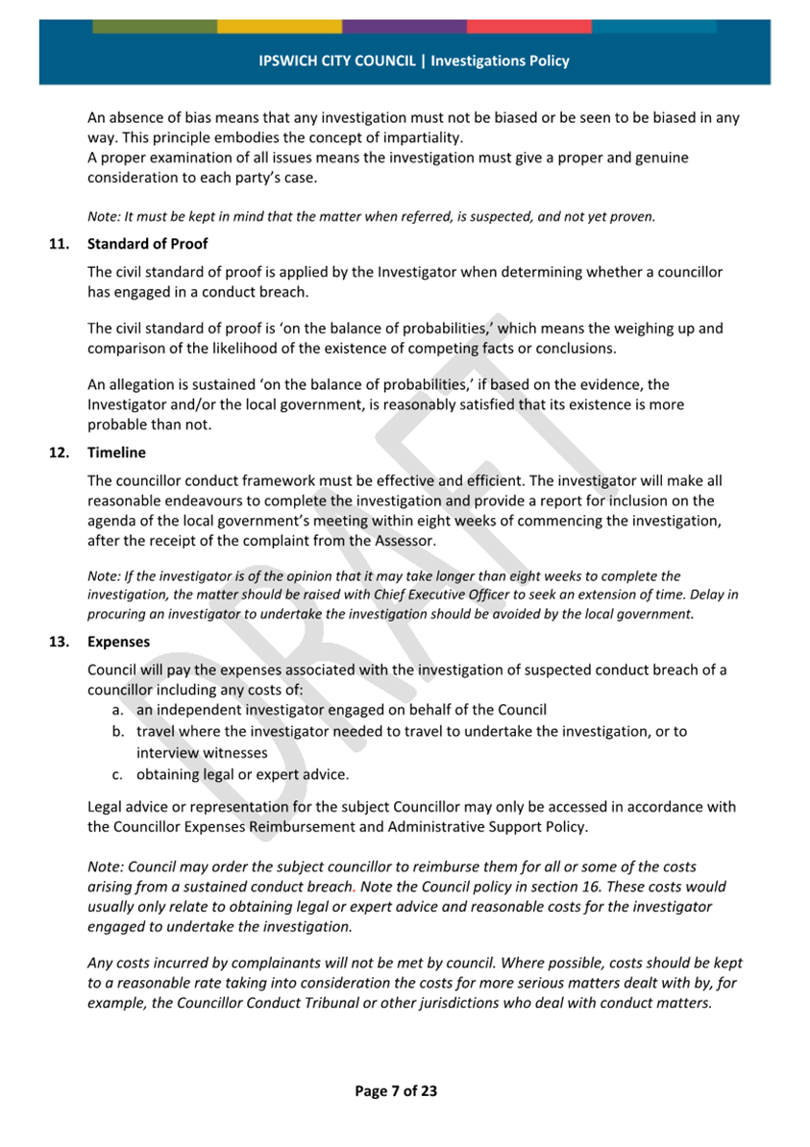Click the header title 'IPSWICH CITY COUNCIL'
point(336,61)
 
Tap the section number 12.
point(59,451)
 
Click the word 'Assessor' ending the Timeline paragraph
point(407,542)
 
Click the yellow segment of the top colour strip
point(280,26)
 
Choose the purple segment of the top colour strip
point(405,26)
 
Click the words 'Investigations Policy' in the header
point(500,61)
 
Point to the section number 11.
point(59,244)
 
